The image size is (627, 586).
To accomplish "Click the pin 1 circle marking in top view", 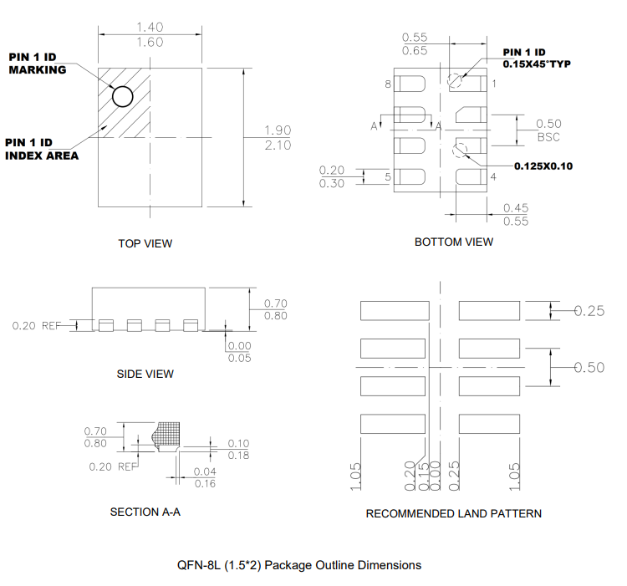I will tap(123, 97).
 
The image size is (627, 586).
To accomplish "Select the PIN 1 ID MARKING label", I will tap(38, 63).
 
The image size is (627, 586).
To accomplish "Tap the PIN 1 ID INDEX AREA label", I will tap(42, 149).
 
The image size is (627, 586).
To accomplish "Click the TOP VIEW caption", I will tap(145, 243).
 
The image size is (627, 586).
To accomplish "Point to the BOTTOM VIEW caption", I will tap(454, 242).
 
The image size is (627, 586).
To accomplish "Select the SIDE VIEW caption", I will tap(145, 374).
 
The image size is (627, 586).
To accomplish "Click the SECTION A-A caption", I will tap(145, 512).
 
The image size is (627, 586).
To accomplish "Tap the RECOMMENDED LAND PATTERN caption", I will tap(453, 513).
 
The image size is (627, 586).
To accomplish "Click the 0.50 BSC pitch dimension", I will tap(548, 130).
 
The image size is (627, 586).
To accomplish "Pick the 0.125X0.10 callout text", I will tap(543, 166).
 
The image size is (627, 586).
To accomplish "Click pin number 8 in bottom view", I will tap(388, 84).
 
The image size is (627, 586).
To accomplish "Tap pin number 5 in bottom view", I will tap(388, 177).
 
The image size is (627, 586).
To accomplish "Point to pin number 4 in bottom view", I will tap(493, 177).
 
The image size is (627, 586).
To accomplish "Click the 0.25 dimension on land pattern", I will tap(589, 311).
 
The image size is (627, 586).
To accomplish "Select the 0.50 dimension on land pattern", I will tap(589, 368).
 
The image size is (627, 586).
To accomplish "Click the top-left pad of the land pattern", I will tap(394, 311).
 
